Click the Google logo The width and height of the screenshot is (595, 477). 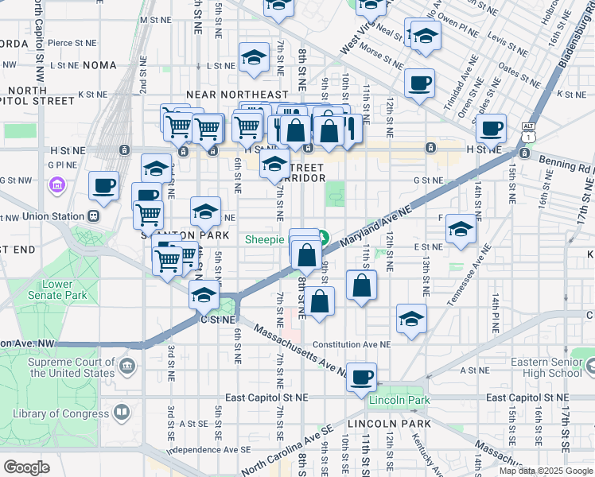click(x=26, y=467)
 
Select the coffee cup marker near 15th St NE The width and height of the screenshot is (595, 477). click(x=490, y=128)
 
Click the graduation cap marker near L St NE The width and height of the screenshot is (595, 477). click(x=254, y=58)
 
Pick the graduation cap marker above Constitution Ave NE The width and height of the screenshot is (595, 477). click(x=410, y=320)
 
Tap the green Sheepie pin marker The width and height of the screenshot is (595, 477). click(x=325, y=237)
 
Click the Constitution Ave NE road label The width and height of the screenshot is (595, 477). click(x=352, y=345)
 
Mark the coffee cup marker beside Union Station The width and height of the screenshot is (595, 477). click(x=103, y=186)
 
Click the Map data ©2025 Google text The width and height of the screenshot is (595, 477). click(x=545, y=471)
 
